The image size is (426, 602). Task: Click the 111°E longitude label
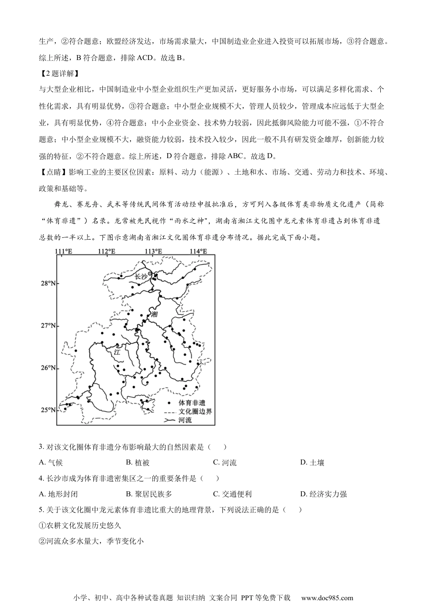click(63, 251)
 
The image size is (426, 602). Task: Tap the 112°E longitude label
click(107, 251)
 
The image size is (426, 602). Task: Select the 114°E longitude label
click(198, 251)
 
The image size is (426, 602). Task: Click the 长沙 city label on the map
click(141, 277)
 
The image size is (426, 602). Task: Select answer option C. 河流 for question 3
click(225, 463)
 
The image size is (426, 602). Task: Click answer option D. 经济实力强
click(323, 494)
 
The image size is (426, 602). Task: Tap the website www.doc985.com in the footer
click(327, 598)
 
